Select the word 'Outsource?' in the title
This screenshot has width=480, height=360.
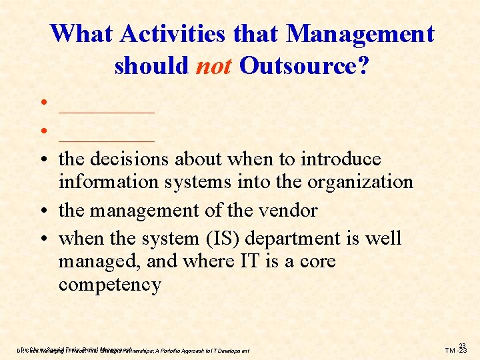pyautogui.click(x=303, y=65)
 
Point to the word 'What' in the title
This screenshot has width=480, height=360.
pyautogui.click(x=75, y=33)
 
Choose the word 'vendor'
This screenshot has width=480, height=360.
pyautogui.click(x=286, y=211)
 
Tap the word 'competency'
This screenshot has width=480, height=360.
pyautogui.click(x=109, y=285)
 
